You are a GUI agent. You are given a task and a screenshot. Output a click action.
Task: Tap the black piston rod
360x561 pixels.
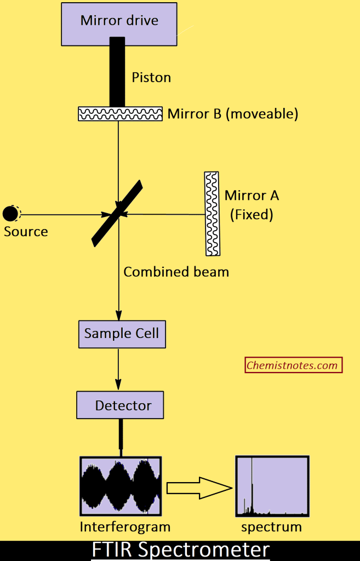pos(117,71)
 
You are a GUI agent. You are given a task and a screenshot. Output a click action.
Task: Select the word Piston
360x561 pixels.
pos(151,78)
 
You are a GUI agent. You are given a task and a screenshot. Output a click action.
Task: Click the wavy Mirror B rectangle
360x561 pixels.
pos(120,114)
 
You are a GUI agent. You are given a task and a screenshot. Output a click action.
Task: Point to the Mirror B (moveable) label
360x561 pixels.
pos(233,114)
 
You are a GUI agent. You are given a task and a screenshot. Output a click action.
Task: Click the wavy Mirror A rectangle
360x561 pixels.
pos(212,213)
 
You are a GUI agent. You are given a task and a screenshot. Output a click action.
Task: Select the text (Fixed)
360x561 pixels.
pos(251,214)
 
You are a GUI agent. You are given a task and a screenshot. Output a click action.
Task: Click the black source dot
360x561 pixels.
pos(10,213)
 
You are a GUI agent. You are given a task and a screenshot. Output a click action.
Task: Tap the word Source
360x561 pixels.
pos(26,232)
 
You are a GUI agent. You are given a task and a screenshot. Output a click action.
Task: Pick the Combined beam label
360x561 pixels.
pos(176,272)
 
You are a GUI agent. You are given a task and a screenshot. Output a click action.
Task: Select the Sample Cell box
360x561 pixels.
pos(121,334)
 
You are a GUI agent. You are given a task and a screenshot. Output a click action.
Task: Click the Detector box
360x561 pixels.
pos(120,406)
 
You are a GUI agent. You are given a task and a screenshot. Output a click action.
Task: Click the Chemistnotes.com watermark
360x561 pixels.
pos(293,365)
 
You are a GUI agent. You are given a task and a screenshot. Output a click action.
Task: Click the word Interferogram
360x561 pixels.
pos(125,528)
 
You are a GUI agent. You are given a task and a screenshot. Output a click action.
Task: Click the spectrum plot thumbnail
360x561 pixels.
pos(272,486)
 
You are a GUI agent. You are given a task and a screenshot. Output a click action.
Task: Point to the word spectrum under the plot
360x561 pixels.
pos(271,528)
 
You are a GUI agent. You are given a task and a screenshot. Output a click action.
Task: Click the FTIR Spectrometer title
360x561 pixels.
pos(180,549)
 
